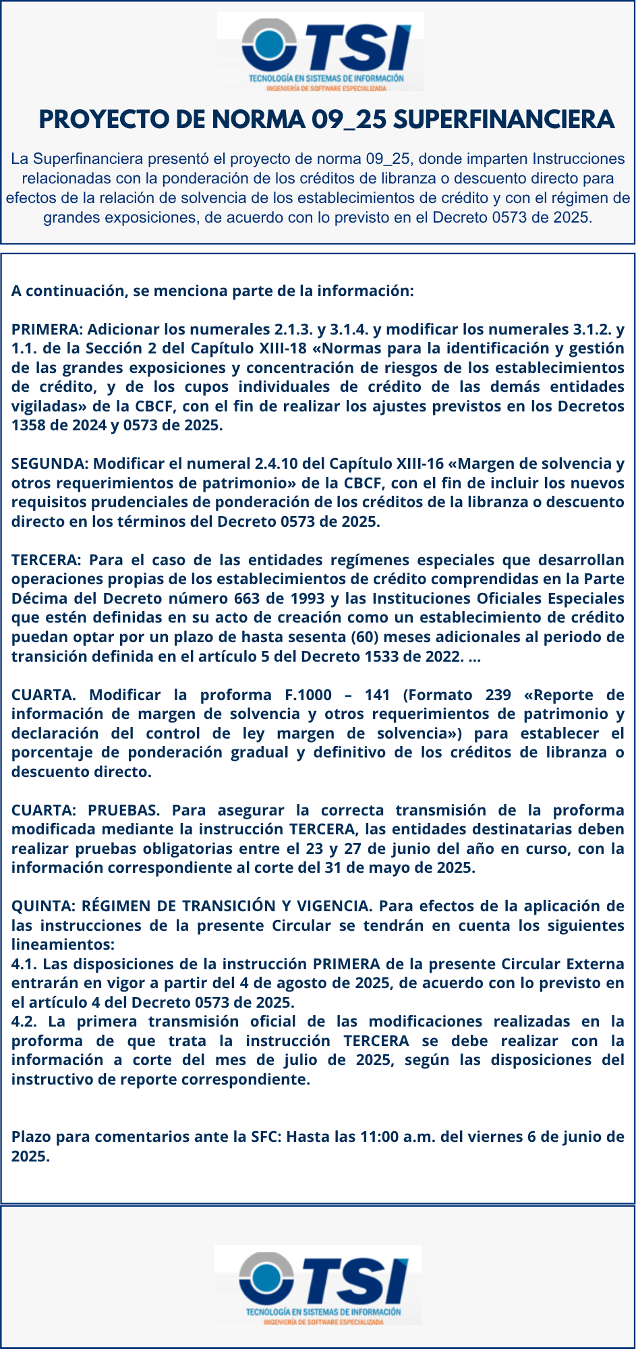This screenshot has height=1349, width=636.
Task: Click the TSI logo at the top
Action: pyautogui.click(x=320, y=52)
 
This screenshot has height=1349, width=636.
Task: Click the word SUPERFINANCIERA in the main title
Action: pyautogui.click(x=503, y=119)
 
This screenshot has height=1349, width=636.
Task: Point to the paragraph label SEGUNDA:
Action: pyautogui.click(x=50, y=463)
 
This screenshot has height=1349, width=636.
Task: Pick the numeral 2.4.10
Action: pyautogui.click(x=277, y=463)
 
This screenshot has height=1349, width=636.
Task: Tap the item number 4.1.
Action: pyautogui.click(x=24, y=964)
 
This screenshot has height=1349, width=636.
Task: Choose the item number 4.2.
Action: pyautogui.click(x=24, y=1022)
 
